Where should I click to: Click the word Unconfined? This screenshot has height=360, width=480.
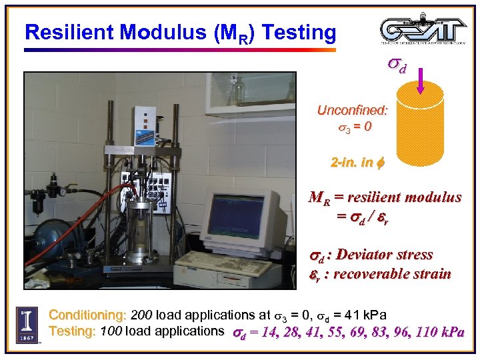353,111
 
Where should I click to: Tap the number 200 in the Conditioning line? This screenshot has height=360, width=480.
141,315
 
